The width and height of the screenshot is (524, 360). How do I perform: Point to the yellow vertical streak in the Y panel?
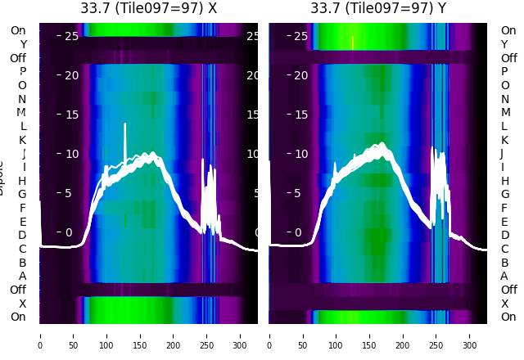[353, 43]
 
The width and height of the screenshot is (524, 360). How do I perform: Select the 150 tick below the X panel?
[141, 335]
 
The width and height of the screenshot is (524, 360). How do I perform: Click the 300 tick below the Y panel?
[471, 335]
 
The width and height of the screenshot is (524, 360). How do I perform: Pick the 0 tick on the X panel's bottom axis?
[40, 335]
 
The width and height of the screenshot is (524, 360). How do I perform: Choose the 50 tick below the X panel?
[74, 335]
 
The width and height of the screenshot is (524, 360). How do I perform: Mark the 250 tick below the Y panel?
[437, 335]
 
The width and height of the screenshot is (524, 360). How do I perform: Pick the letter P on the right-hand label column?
[504, 71]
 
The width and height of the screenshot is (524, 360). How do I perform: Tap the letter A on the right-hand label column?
[504, 277]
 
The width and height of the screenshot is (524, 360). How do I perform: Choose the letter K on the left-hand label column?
[23, 140]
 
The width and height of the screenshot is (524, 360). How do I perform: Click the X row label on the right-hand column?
[504, 304]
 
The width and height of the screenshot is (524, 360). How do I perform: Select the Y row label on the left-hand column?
[23, 44]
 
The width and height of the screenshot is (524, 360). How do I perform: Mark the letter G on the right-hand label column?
[504, 194]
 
